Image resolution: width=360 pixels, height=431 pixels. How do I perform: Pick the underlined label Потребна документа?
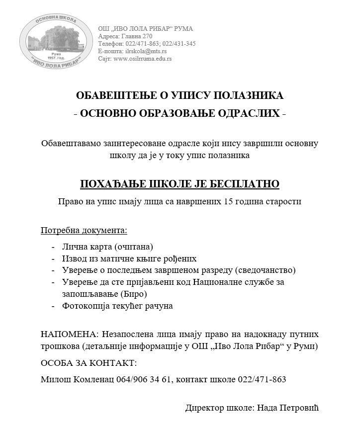[x=84, y=230]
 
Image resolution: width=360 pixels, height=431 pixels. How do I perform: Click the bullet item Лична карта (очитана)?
[x=107, y=247]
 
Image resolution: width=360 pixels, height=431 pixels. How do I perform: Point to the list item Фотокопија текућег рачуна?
[x=117, y=306]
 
